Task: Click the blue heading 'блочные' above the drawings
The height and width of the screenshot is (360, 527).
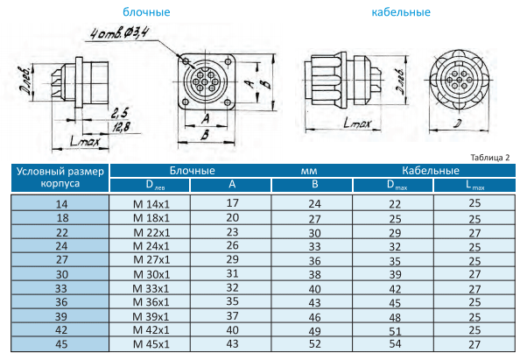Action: click(146, 12)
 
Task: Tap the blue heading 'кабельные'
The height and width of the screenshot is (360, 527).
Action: click(401, 12)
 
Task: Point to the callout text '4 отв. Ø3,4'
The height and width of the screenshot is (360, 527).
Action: click(119, 33)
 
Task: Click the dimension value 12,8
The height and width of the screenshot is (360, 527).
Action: click(121, 127)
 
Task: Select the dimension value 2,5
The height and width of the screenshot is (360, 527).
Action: click(120, 113)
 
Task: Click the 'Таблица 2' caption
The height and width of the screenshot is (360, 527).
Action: click(490, 158)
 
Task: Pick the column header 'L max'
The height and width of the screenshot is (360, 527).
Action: click(474, 185)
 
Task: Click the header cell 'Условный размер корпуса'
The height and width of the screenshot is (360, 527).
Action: click(60, 178)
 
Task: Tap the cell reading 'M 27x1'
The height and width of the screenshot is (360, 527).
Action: click(151, 260)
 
